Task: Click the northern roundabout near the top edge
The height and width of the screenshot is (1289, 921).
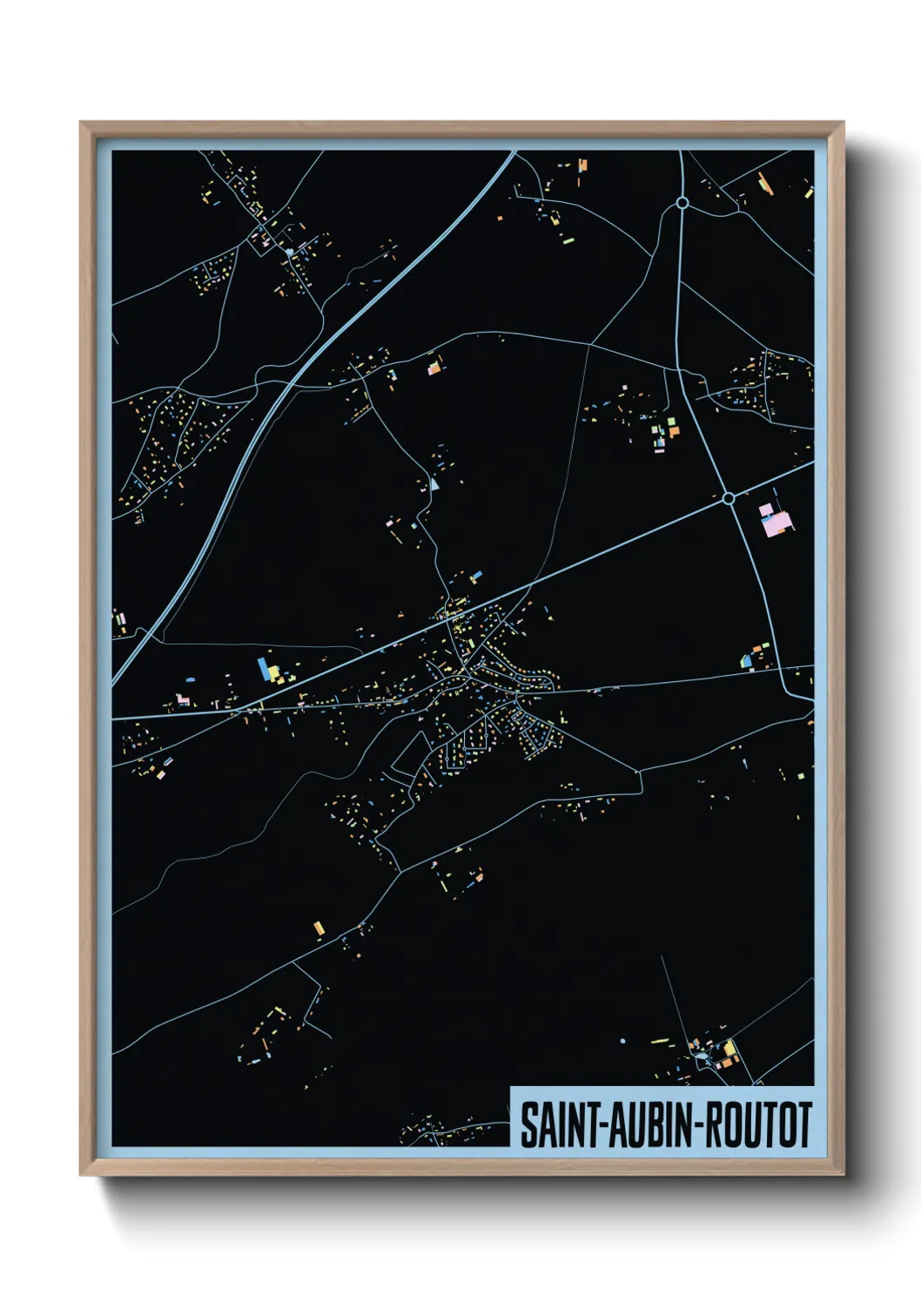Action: pos(682,203)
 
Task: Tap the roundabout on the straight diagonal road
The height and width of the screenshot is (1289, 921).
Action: pos(728,498)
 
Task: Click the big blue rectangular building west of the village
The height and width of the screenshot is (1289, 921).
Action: pos(262,669)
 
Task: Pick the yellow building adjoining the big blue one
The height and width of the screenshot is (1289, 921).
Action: pos(273,673)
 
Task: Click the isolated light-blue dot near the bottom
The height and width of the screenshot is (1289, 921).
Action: pos(623,1041)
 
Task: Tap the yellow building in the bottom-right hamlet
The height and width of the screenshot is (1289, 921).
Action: pos(729,1048)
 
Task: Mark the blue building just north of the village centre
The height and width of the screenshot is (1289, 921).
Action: pos(475,577)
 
